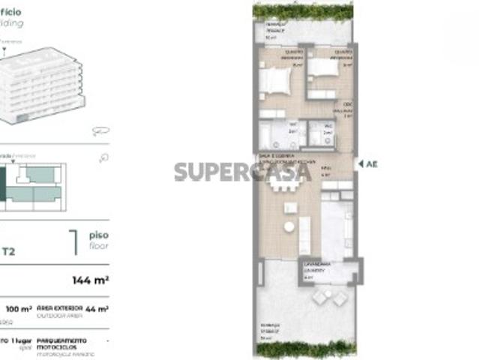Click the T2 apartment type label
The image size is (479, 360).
[x=8, y=252]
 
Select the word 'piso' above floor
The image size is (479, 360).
[x=98, y=234]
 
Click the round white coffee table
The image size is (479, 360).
[x=289, y=226]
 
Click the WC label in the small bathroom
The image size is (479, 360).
[x=328, y=127]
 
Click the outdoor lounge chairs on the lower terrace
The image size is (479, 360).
[x=329, y=299]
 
